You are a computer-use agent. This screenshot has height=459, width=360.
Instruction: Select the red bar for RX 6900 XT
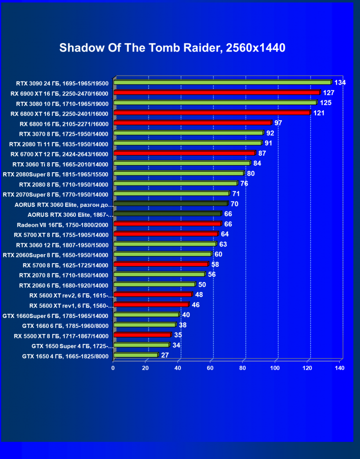(x=216, y=93)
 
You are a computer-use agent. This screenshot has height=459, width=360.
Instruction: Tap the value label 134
(x=340, y=83)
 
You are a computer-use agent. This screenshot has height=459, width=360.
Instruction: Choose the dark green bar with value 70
(x=171, y=203)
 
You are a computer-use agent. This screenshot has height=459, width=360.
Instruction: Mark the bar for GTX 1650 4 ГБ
(x=135, y=355)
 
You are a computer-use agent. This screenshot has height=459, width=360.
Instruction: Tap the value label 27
(x=165, y=355)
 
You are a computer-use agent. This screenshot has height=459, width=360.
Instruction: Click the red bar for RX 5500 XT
(x=142, y=335)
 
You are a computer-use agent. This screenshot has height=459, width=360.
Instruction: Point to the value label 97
(x=278, y=123)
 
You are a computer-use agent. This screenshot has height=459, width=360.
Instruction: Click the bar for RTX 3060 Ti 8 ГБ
(x=181, y=163)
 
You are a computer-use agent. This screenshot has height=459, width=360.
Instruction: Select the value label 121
(x=318, y=113)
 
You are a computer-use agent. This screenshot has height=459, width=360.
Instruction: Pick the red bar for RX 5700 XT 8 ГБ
(x=165, y=234)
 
